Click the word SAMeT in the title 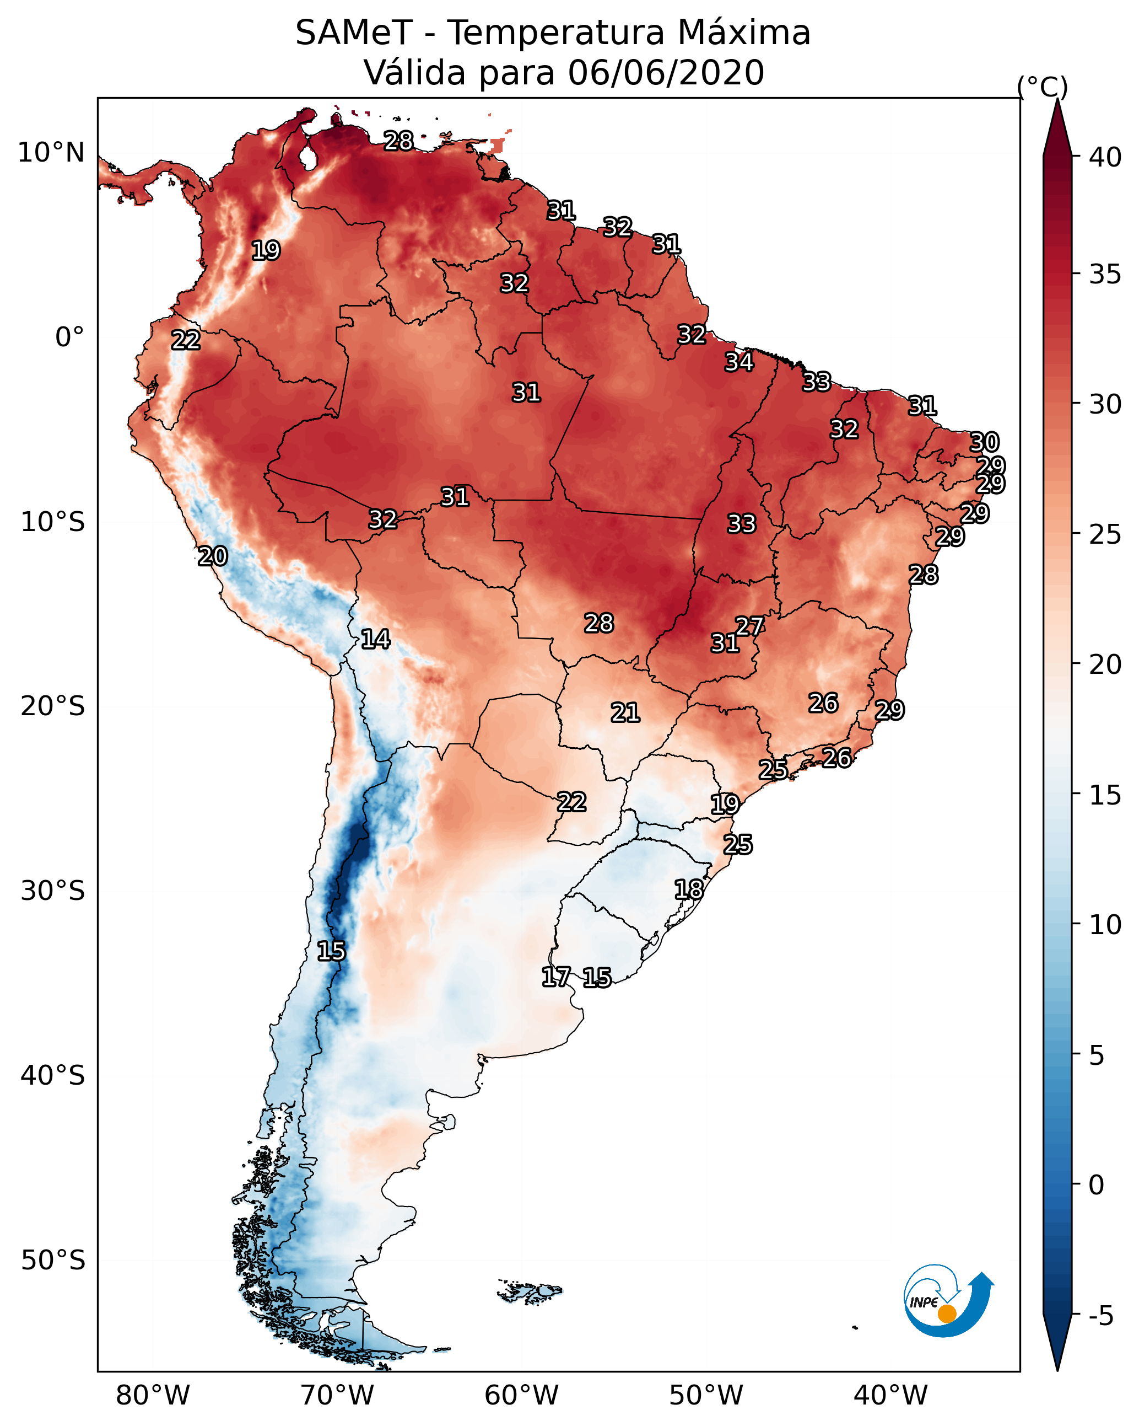[x=353, y=33]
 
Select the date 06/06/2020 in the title [x=665, y=73]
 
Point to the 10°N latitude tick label [x=51, y=153]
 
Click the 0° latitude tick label [x=69, y=337]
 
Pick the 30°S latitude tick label [x=53, y=891]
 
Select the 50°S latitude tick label [x=53, y=1260]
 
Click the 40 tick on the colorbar [x=1105, y=157]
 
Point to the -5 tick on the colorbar [x=1100, y=1316]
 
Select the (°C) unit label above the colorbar [x=1042, y=87]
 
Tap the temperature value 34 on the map [x=739, y=362]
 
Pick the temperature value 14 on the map [x=375, y=639]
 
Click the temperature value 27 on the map [x=749, y=626]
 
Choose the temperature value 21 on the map [x=625, y=713]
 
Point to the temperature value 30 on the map [x=984, y=442]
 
